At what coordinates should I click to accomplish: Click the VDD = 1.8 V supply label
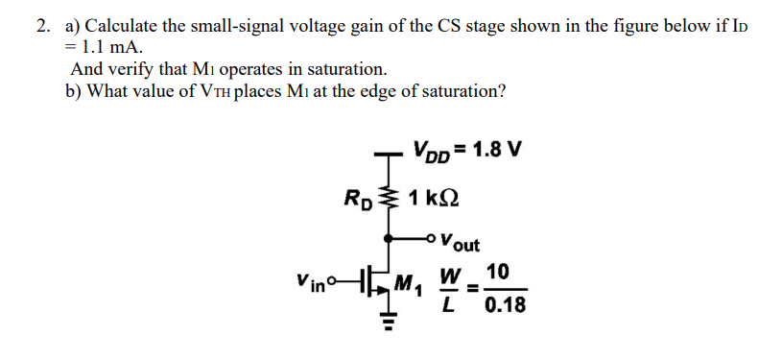click(467, 151)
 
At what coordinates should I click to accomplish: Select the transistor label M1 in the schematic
click(407, 286)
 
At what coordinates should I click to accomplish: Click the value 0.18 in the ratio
click(506, 307)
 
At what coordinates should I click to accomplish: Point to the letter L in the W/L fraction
click(448, 307)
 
